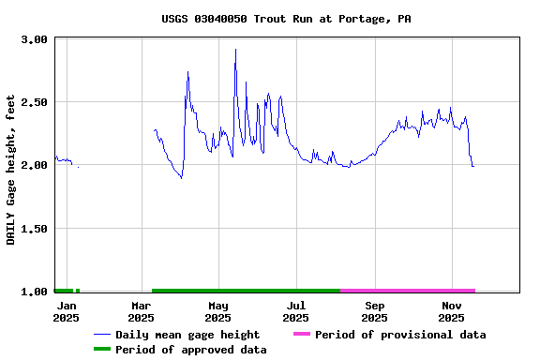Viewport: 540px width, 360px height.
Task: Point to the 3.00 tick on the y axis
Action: pos(35,40)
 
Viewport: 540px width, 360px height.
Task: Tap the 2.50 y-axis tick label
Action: pos(35,102)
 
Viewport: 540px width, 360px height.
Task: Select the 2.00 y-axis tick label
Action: pos(35,165)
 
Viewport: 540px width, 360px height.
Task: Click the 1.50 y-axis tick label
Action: pos(35,229)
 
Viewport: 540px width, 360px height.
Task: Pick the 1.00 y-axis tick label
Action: pos(35,292)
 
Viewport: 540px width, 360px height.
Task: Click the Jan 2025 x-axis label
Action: pos(66,312)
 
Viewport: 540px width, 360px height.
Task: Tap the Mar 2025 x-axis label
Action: pos(141,312)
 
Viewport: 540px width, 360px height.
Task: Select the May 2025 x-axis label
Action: pos(217,312)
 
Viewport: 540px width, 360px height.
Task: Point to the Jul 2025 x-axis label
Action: pos(296,312)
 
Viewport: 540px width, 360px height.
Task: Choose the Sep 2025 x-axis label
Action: pos(374,312)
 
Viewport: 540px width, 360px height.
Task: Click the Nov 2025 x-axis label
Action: pos(452,312)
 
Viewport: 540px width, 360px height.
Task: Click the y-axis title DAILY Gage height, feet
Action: pos(11,169)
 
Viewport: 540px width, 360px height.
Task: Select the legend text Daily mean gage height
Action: pos(187,335)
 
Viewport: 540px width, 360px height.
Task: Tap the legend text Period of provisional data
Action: pos(400,335)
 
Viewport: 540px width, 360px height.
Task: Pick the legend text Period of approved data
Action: pos(191,350)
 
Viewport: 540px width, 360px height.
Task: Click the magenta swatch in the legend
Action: pos(301,335)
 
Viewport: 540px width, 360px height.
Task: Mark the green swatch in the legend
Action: pos(101,350)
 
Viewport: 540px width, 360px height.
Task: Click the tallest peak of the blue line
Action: pos(235,50)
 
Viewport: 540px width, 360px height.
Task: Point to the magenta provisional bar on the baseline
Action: pos(408,291)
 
